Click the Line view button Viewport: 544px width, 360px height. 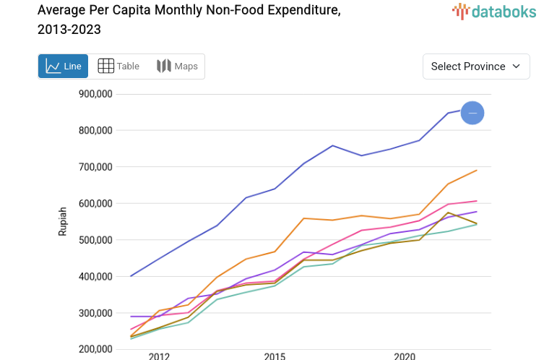point(63,67)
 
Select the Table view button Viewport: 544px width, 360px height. point(118,67)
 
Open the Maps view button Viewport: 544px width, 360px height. point(177,67)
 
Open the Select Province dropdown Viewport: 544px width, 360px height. point(476,67)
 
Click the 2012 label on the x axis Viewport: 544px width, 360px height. point(159,356)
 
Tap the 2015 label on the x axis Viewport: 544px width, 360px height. point(275,356)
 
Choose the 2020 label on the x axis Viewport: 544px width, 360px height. point(405,356)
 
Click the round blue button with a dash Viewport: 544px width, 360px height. point(472,113)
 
